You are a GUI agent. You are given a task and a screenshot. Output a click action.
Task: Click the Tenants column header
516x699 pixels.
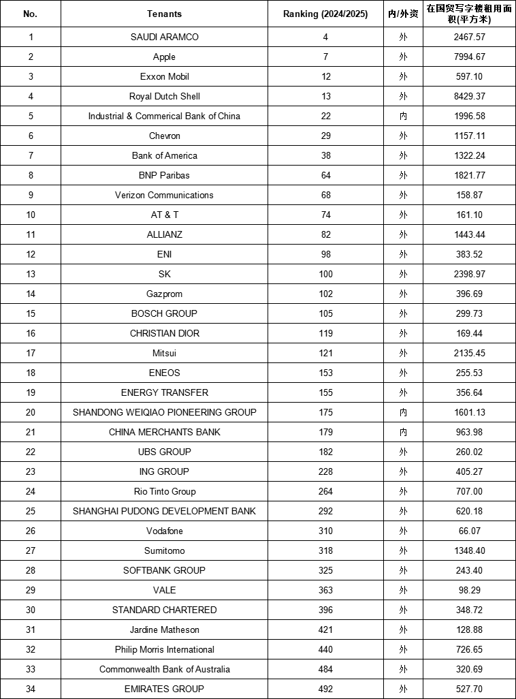pyautogui.click(x=164, y=14)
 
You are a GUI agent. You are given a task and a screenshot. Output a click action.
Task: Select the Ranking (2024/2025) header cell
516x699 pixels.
pyautogui.click(x=325, y=14)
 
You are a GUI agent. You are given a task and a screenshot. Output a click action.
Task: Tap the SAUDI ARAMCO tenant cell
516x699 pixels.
pyautogui.click(x=164, y=37)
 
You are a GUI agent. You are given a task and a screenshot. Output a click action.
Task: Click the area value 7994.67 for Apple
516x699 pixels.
pyautogui.click(x=470, y=57)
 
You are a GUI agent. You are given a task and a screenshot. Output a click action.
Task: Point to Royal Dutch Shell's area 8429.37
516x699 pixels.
pyautogui.click(x=470, y=96)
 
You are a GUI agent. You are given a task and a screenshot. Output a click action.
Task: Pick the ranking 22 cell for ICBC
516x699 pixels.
pyautogui.click(x=325, y=116)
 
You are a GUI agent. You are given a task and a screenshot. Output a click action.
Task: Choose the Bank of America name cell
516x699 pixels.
pyautogui.click(x=164, y=155)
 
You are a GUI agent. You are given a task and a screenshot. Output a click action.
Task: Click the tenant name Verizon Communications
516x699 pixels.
pyautogui.click(x=164, y=195)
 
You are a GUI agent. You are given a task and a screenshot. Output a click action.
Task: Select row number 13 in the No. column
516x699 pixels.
pyautogui.click(x=31, y=274)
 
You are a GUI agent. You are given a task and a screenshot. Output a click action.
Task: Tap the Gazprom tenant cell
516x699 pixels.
pyautogui.click(x=164, y=294)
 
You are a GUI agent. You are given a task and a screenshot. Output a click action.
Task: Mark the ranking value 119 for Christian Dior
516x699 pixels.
pyautogui.click(x=325, y=333)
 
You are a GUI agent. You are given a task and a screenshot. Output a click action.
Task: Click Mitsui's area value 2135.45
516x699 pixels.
pyautogui.click(x=470, y=353)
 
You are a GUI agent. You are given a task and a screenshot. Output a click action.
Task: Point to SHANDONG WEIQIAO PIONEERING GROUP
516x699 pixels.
pyautogui.click(x=164, y=412)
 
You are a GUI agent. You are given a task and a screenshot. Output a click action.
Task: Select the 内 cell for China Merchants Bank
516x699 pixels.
pyautogui.click(x=403, y=432)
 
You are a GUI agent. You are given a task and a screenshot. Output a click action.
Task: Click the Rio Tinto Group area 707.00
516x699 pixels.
pyautogui.click(x=470, y=491)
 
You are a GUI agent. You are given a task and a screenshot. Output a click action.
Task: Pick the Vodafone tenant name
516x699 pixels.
pyautogui.click(x=164, y=531)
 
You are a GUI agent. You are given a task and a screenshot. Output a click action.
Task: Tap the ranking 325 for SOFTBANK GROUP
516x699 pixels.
pyautogui.click(x=325, y=570)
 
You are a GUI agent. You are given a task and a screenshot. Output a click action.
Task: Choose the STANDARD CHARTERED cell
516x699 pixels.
pyautogui.click(x=164, y=610)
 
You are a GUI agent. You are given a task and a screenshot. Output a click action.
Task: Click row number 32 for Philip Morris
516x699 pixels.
pyautogui.click(x=31, y=649)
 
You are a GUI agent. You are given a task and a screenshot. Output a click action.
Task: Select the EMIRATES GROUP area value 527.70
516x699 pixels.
pyautogui.click(x=470, y=689)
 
